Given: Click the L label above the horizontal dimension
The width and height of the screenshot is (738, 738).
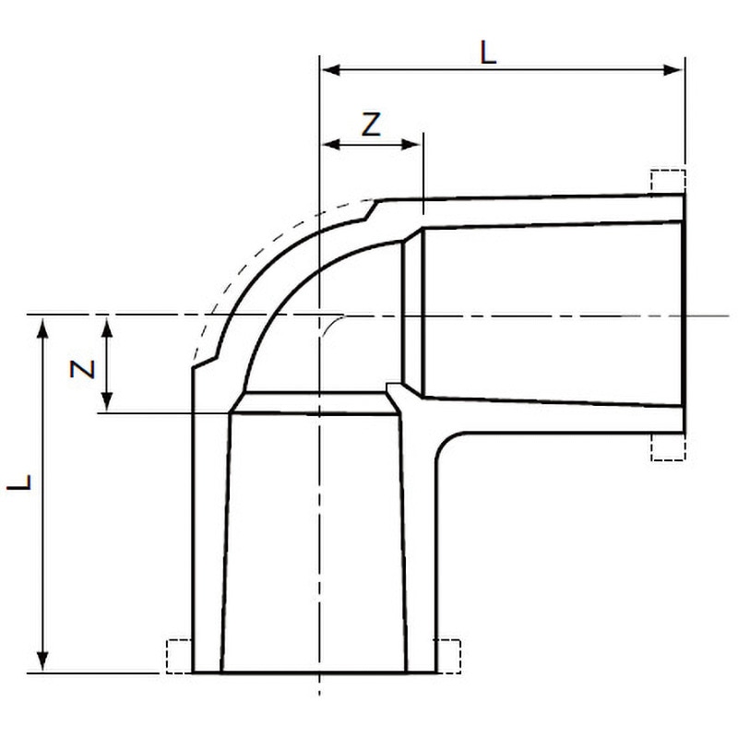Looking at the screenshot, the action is point(488,53).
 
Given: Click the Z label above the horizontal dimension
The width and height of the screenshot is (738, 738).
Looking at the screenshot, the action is point(371,125).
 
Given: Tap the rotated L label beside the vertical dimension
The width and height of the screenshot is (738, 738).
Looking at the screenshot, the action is point(19,482).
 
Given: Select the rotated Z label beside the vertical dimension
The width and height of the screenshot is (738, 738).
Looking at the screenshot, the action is point(82,369).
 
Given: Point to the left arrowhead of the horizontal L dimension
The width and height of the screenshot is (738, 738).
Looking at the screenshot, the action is point(330,70).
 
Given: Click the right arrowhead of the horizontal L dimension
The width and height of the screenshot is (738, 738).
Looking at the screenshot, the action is point(673,70).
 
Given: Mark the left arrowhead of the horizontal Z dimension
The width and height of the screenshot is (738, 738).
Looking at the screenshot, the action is point(330,144).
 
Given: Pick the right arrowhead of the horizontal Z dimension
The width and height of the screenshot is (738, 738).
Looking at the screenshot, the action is point(411,144).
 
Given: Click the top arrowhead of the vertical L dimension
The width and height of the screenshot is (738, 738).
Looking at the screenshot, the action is point(42,328).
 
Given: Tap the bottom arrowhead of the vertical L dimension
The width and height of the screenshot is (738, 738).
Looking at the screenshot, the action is point(42,661).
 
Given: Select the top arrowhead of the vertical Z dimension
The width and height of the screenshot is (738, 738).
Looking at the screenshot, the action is point(107,328).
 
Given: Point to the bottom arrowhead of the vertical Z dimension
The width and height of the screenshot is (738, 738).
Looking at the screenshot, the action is point(107,401).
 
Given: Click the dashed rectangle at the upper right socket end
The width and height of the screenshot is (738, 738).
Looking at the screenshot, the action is point(668,181).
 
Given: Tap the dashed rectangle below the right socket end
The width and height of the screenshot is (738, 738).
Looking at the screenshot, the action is point(668,446).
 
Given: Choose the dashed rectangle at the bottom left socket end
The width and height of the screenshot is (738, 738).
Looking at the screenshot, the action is point(179,656).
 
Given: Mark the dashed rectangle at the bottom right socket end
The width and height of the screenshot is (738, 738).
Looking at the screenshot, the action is point(448,656).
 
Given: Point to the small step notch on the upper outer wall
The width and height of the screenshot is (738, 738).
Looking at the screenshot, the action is point(371,210).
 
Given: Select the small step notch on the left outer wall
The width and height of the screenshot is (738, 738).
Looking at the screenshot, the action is point(206,362).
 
